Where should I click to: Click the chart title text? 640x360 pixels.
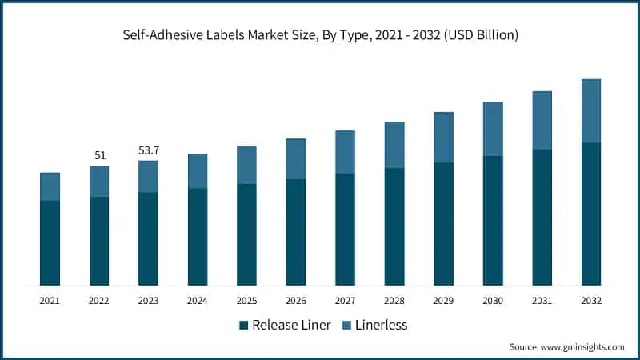(x=320, y=35)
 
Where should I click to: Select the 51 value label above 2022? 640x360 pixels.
(x=100, y=155)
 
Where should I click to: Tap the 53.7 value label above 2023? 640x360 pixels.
(x=148, y=150)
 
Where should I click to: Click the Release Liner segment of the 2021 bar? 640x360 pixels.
(x=50, y=242)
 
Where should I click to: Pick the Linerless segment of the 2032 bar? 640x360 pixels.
(x=590, y=110)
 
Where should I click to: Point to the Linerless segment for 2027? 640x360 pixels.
(x=345, y=152)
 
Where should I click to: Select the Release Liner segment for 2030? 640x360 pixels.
(x=493, y=220)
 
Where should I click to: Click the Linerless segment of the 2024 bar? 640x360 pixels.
(x=198, y=170)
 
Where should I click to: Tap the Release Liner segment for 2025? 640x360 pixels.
(x=246, y=234)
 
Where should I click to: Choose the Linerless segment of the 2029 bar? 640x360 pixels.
(x=443, y=137)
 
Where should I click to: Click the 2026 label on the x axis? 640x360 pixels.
(x=295, y=301)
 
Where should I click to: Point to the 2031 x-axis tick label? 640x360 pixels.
(x=542, y=301)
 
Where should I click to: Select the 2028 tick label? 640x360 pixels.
(x=394, y=301)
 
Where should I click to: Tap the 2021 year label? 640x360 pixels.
(x=50, y=301)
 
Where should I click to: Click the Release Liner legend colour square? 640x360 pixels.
(x=243, y=325)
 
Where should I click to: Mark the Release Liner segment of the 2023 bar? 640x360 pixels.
(x=148, y=238)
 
